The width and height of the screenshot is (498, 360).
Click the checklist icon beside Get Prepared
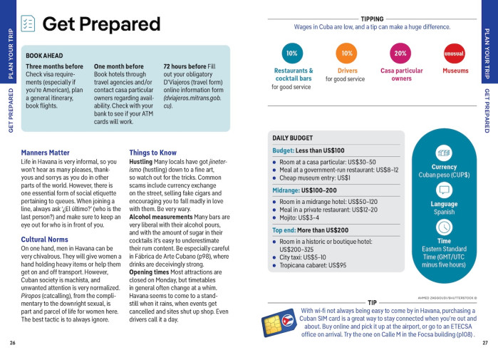point(28,24)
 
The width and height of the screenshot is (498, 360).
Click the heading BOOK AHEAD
point(44,55)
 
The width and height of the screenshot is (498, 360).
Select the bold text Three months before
point(54,66)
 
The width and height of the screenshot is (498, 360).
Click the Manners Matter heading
point(46,153)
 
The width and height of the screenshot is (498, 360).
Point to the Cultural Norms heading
point(44,240)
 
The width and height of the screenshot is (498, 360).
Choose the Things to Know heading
point(152,153)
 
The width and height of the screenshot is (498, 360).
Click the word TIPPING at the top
point(372,19)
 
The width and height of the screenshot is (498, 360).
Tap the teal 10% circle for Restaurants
point(291,53)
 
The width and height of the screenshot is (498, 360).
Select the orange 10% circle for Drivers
point(347,53)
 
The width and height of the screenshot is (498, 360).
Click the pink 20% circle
point(400,53)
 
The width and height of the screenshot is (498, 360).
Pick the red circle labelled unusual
point(454,53)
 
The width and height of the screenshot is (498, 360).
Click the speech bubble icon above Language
point(444,190)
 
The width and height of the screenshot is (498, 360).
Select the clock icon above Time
point(444,227)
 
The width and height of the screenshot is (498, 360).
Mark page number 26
point(12,343)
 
